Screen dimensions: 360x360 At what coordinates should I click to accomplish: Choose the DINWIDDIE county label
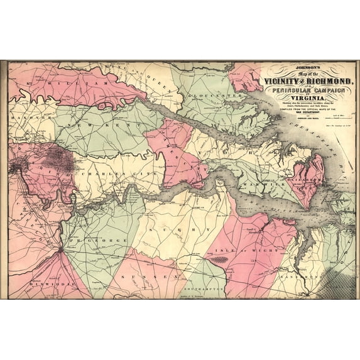(x=43, y=286)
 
